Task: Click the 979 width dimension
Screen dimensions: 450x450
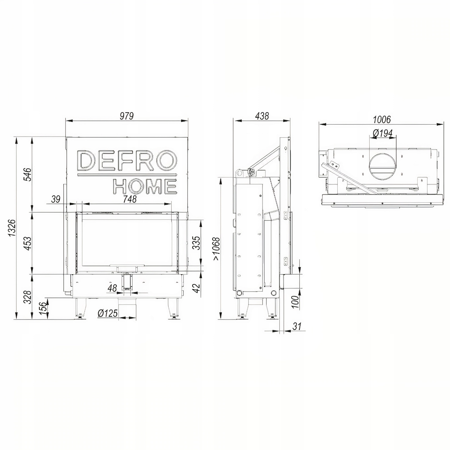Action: (x=127, y=116)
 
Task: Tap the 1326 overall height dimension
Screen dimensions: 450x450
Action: (x=12, y=228)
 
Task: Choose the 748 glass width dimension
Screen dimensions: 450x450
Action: (x=130, y=199)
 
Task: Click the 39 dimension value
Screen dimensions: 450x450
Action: (x=56, y=199)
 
